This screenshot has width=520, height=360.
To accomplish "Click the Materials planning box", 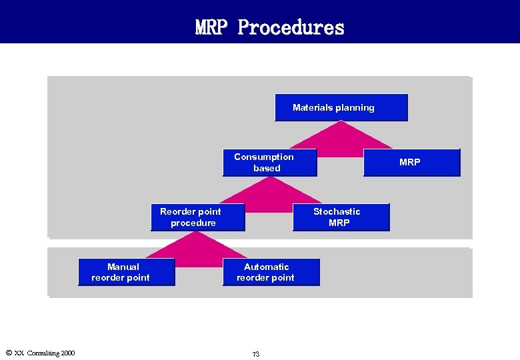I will (341, 107).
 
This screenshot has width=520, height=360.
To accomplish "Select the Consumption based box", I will (269, 163).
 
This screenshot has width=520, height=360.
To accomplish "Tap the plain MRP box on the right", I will (411, 162).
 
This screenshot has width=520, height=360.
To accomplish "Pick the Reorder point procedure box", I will (197, 217).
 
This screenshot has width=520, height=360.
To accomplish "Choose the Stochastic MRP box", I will (341, 217).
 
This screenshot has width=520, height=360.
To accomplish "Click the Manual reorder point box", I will (126, 272).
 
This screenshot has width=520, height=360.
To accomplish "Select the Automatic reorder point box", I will (271, 272).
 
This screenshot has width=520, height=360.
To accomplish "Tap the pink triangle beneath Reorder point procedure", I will (193, 245).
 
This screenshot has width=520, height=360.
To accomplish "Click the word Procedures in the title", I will (291, 27).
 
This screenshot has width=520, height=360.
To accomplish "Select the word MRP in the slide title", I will (213, 27).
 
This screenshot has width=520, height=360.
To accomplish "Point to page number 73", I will (256, 354).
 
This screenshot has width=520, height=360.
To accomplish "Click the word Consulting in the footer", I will (41, 353).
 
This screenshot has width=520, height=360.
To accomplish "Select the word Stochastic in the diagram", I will (337, 211).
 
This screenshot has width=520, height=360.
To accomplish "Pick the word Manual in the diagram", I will (123, 267).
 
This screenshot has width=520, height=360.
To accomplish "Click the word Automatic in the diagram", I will (266, 267).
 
